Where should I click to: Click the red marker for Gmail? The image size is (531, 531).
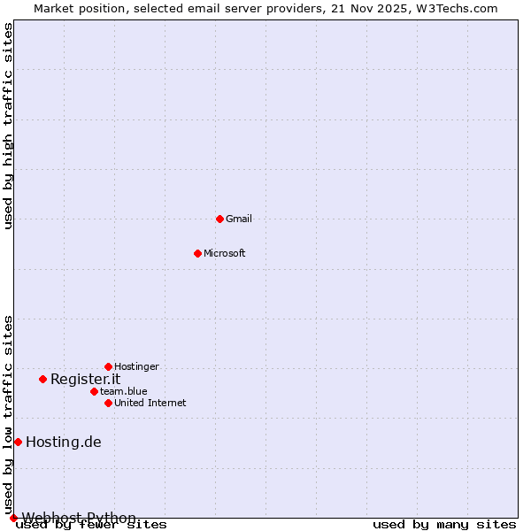point(219,219)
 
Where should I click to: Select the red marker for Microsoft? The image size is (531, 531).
point(197,253)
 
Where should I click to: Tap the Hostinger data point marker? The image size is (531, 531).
point(108,366)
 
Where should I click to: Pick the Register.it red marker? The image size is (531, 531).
point(42,379)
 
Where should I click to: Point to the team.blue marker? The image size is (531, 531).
point(94,391)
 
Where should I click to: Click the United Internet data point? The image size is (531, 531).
point(108,403)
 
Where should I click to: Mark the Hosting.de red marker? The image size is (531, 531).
point(18,442)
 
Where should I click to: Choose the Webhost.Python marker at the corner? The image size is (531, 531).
point(13,518)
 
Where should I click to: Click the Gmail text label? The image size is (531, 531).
point(239,219)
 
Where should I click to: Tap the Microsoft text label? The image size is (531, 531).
point(225,253)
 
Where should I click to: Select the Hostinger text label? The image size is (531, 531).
point(137,366)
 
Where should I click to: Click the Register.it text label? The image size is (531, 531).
point(85,379)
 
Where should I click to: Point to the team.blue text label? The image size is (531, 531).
point(124,391)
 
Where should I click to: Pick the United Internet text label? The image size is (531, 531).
point(150,403)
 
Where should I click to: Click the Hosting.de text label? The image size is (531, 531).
point(64,442)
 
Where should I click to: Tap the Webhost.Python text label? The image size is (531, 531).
point(80,518)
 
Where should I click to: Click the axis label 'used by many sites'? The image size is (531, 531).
point(444,525)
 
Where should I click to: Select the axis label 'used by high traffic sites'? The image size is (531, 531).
point(8,127)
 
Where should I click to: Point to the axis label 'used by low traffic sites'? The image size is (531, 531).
point(8,414)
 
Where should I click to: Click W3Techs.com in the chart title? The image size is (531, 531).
point(457,8)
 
